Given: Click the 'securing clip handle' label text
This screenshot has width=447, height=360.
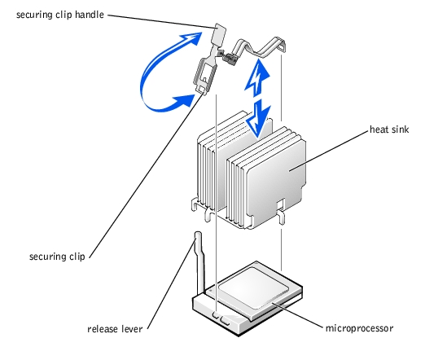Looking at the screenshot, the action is point(60,15).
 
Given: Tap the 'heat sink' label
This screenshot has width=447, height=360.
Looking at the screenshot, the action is point(389,130).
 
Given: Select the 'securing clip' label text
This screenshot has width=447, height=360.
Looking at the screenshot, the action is point(57,257).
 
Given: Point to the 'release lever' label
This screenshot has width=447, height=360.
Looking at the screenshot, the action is point(115,329).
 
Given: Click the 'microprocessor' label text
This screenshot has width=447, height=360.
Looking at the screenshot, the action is point(359,328).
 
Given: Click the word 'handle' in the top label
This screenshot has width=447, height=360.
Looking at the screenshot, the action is point(90,15).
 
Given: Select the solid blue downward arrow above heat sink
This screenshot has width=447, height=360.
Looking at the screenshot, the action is point(258,118).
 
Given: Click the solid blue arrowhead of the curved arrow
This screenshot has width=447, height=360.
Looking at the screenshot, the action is point(184,101).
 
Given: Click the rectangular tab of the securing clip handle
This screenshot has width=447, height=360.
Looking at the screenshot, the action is point(219,33).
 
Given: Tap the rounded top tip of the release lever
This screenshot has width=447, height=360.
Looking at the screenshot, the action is point(198,235).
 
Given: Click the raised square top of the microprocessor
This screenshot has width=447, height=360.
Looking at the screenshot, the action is point(253,288).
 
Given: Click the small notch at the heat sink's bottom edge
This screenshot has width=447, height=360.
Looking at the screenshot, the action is point(281,204).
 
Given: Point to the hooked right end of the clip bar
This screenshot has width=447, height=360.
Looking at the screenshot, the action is point(281,44).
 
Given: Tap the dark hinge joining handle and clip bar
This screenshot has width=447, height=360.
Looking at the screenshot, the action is point(230,58).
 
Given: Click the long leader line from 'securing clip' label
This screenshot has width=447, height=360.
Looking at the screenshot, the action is point(147,175).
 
